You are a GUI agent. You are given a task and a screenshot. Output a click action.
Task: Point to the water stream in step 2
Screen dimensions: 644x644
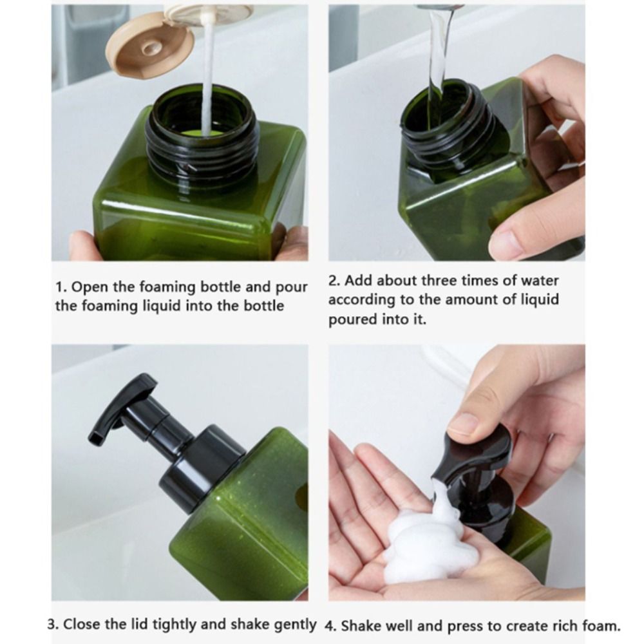(438, 52)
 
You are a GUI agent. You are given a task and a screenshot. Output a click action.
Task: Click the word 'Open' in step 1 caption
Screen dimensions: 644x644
(91, 287)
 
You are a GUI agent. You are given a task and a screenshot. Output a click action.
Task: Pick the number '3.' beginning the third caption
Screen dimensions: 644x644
(54, 624)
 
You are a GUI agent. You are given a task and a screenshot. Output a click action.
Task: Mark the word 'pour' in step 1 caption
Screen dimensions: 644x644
(293, 287)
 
